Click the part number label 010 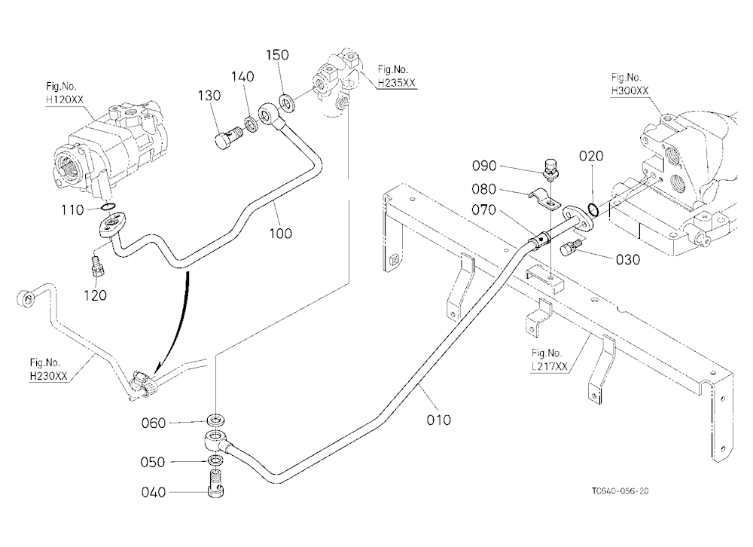point(438,420)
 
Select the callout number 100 point(280,233)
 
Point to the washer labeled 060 point(215,420)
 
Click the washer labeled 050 point(215,461)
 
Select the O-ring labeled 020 point(593,209)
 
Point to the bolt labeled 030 point(570,248)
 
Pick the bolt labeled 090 point(550,170)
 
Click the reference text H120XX point(65,99)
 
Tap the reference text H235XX point(396,83)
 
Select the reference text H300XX point(630,90)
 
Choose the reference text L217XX point(550,366)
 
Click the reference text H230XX point(48,376)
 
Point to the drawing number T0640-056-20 point(620,490)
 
